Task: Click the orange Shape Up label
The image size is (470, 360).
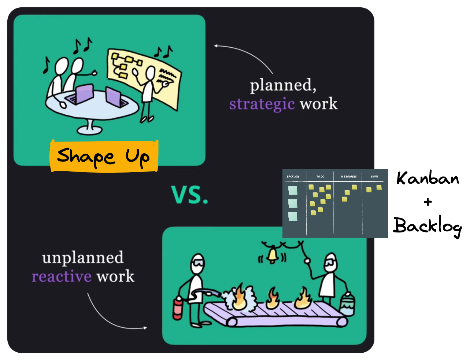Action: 104,157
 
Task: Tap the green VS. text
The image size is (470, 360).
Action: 189,195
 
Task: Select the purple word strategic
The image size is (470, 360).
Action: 262,104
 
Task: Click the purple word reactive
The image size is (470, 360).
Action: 62,276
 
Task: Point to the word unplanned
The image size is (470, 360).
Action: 83,258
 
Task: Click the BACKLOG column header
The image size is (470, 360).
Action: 293,177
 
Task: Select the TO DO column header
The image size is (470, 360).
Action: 320,177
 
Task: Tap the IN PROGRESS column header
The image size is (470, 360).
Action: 348,177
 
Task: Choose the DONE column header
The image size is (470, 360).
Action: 374,177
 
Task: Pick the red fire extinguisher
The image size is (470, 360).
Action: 178,308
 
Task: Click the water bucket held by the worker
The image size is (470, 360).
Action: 347,304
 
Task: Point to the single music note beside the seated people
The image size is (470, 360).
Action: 46,65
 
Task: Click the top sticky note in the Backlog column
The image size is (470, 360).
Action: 293,190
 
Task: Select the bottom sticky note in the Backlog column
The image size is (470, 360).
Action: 293,217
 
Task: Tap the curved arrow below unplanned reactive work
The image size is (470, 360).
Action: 110,317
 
